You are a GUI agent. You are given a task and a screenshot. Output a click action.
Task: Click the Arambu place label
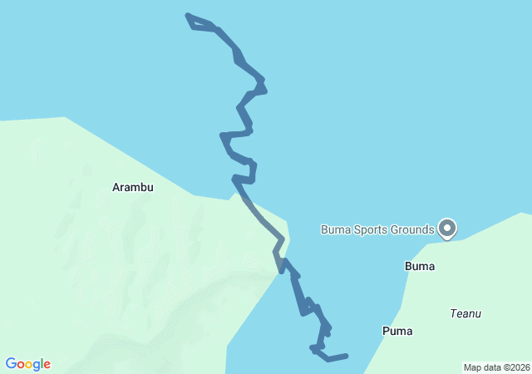[133, 188]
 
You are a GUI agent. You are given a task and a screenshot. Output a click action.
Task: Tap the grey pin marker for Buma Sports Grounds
[447, 227]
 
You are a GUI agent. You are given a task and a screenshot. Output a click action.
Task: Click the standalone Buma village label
[420, 267]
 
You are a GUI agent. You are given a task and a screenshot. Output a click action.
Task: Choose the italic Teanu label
[465, 313]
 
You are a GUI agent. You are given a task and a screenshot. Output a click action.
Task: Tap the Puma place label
[397, 331]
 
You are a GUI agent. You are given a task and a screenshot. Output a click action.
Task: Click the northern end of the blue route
[188, 16]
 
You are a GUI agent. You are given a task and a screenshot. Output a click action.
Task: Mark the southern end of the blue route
[346, 356]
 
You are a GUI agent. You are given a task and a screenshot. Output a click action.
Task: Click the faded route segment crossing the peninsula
[264, 220]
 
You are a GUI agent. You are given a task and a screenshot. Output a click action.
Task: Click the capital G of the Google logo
[11, 364]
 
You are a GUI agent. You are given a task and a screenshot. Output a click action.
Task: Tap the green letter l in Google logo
[42, 364]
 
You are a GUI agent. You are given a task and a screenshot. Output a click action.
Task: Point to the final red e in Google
[47, 365]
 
